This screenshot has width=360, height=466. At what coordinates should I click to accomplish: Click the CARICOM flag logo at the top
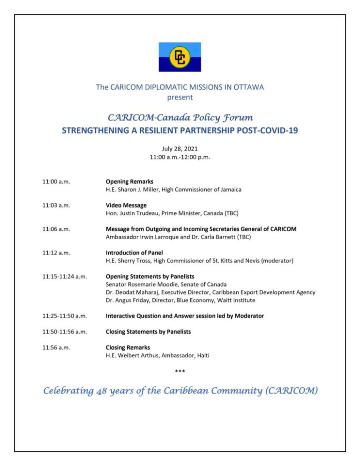[180, 57]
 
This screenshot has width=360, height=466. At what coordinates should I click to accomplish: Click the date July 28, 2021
[180, 149]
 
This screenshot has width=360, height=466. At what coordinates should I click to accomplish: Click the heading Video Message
[126, 205]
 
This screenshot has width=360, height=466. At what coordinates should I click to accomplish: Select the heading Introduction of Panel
[135, 253]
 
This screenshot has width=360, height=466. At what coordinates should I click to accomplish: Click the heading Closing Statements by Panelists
[148, 332]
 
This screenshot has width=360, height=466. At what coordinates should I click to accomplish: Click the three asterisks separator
[180, 372]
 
